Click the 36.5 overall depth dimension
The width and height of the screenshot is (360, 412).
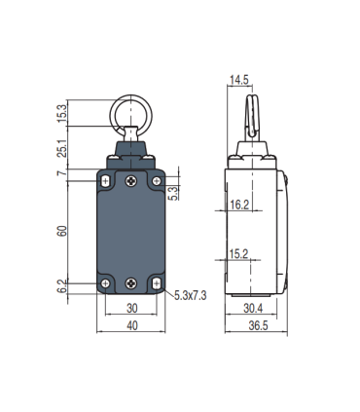coord(258,327)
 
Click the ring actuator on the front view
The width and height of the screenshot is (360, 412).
coord(130,109)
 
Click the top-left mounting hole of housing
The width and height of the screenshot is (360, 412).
coord(106,181)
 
